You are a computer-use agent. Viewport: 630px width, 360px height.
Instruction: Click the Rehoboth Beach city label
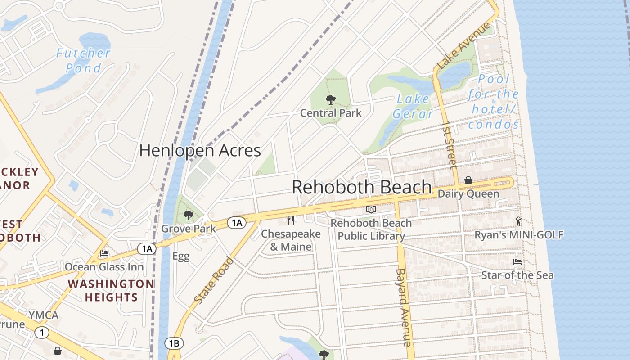pos(362,187)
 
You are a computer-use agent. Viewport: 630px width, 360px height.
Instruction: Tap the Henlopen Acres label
pos(200,150)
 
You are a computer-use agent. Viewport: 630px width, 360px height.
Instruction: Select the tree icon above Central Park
pos(331,100)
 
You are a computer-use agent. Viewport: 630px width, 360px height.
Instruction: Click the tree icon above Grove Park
pos(189,216)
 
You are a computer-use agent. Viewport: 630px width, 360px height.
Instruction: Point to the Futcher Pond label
pos(83,61)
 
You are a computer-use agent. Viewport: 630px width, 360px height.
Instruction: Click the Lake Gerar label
pos(413,107)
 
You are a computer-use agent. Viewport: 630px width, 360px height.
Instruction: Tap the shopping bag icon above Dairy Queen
pos(468,180)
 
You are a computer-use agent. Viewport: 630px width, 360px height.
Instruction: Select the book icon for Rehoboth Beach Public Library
pos(371,209)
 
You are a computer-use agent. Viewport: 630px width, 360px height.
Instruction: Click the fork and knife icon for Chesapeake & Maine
pos(291,220)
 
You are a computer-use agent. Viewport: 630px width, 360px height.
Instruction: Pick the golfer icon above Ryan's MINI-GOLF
pos(519,221)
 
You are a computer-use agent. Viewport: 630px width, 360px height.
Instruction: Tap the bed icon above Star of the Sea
pos(517,261)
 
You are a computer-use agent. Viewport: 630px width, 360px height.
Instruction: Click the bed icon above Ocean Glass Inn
pos(104,253)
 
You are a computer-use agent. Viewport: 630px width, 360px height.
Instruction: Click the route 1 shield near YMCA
pos(42,333)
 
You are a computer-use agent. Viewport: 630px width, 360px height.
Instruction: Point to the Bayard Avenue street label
pos(404,307)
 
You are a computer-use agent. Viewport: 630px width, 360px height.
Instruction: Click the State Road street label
pos(215,280)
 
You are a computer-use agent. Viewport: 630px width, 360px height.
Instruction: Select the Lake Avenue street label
pos(463,46)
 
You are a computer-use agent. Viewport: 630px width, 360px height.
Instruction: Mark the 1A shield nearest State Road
pos(237,222)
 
